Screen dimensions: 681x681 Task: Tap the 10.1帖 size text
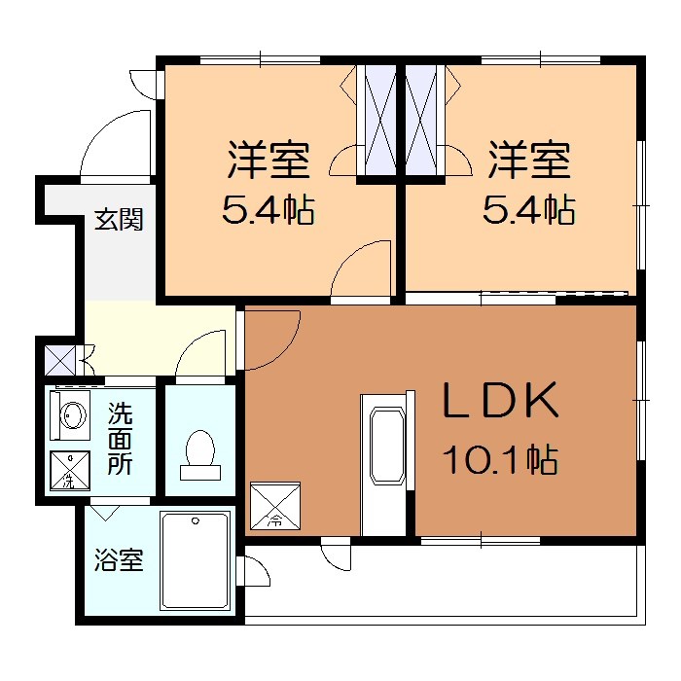[500, 458]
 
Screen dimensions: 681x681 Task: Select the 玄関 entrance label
[119, 220]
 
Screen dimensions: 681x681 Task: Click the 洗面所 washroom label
[120, 438]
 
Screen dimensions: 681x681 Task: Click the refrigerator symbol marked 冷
[275, 506]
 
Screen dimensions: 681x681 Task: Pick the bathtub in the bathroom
[195, 560]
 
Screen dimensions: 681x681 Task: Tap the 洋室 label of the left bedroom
[269, 161]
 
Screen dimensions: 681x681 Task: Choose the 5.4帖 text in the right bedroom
[528, 209]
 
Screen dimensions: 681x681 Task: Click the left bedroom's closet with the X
[376, 121]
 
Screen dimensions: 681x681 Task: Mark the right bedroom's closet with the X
[423, 121]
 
